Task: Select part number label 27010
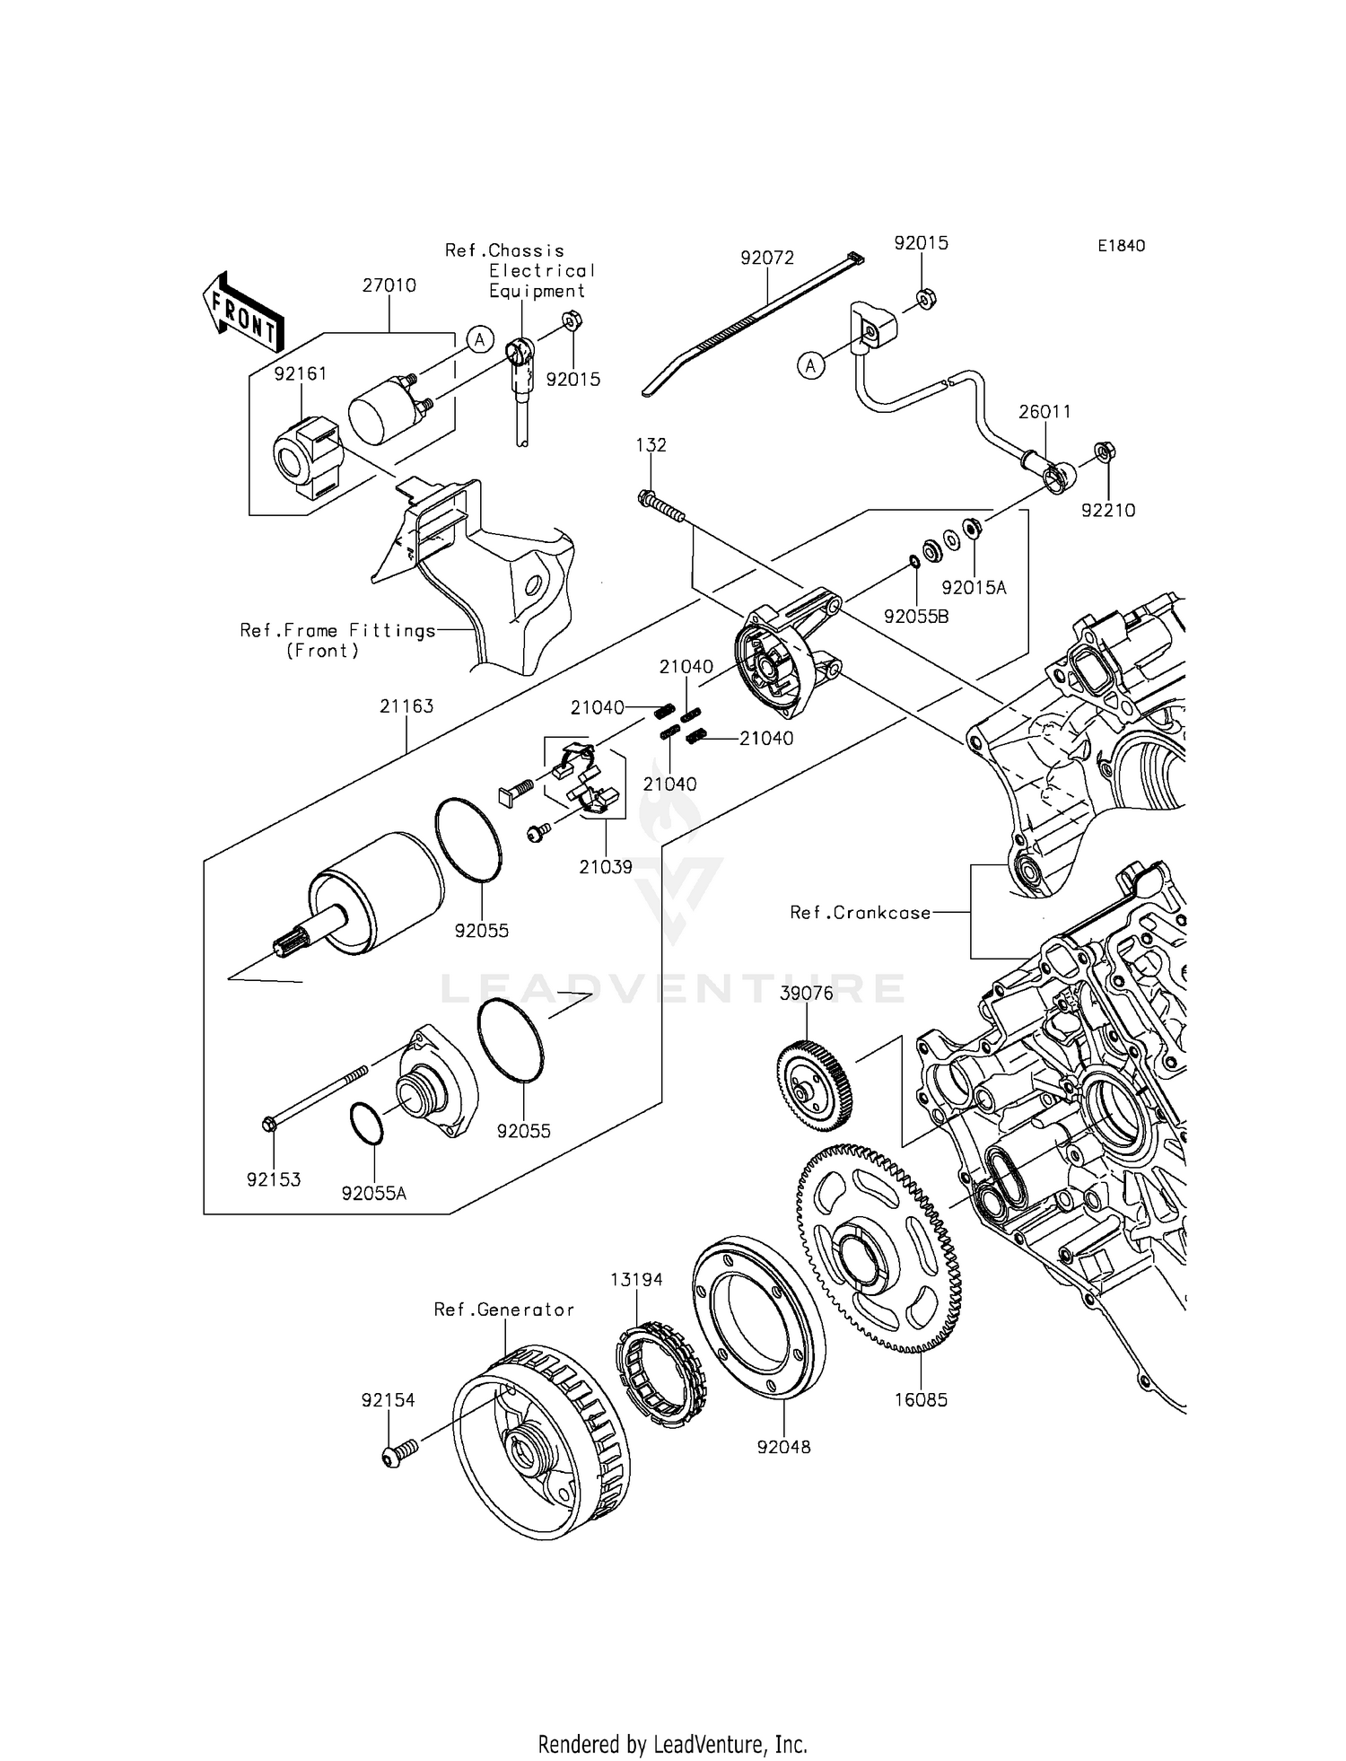tap(389, 285)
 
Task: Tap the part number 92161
tap(301, 373)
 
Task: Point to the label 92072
tap(767, 258)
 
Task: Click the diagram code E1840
tap(1120, 246)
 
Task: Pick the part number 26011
tap(1044, 412)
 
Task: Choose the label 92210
tap(1108, 510)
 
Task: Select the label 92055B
tap(916, 617)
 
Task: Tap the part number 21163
tap(406, 706)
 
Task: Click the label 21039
tap(606, 867)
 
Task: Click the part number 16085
tap(921, 1399)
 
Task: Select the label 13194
tap(637, 1280)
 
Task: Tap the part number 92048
tap(783, 1447)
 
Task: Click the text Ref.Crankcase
tap(860, 913)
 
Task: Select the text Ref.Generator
tap(503, 1310)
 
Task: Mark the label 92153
tap(274, 1179)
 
